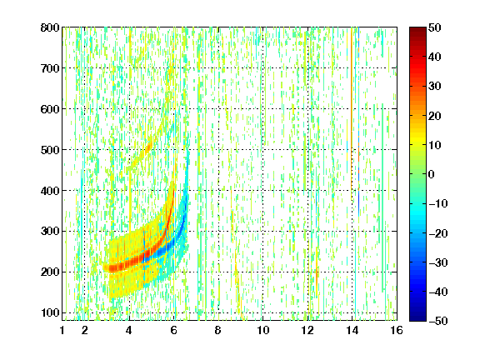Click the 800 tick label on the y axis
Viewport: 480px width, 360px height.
pos(50,27)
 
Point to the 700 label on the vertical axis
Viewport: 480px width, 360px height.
pos(50,68)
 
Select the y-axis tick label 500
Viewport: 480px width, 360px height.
pos(50,150)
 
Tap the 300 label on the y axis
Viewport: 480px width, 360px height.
pos(50,232)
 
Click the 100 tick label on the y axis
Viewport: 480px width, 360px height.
pos(50,312)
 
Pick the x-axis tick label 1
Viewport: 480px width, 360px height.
pos(62,330)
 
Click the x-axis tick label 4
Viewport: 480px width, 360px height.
pos(129,330)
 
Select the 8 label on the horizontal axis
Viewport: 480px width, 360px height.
pos(217,330)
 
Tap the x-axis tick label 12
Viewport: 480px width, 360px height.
pos(307,330)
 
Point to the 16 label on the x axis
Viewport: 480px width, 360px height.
pos(396,330)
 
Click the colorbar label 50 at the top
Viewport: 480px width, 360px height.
pos(435,27)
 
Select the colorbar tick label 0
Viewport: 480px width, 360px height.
pos(432,174)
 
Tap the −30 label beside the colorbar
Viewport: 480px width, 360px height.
pos(438,262)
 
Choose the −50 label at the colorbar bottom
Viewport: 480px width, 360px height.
pos(438,321)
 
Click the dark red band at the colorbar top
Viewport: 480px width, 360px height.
pos(417,33)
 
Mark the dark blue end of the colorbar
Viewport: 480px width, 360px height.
pos(417,314)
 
